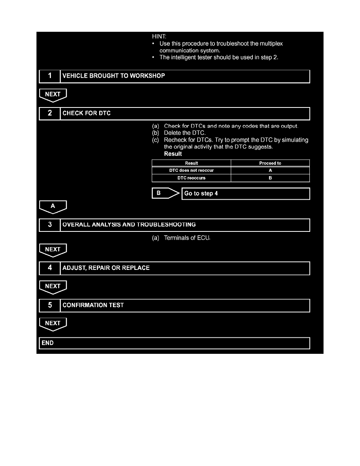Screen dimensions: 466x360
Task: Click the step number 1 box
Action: tap(49, 76)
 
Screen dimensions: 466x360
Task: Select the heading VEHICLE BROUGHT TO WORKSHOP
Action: tap(114, 76)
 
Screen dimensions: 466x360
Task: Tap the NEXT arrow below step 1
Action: tap(53, 95)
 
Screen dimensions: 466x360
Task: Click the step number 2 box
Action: tap(49, 113)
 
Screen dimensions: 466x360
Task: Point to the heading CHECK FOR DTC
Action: tap(87, 113)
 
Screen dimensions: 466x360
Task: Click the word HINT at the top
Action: tap(159, 36)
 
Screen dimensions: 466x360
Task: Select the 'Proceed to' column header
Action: tap(270, 163)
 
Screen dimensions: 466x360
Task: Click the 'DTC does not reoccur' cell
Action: tap(191, 171)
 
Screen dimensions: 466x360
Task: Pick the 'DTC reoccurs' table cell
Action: tap(191, 178)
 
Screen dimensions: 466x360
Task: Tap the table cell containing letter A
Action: tap(270, 171)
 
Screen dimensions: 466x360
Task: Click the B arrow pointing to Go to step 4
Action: tap(165, 193)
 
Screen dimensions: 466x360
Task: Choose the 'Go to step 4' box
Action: tap(245, 194)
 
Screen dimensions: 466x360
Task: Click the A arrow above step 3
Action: tap(53, 206)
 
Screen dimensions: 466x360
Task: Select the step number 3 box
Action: tap(49, 225)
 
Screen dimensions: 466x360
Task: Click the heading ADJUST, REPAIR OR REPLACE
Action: tap(106, 268)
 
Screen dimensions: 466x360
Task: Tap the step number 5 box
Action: tap(49, 305)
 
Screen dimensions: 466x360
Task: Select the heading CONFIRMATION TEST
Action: tap(93, 305)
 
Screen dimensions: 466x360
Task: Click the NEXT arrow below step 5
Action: tap(53, 324)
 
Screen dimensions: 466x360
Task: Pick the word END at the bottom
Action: tap(47, 343)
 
